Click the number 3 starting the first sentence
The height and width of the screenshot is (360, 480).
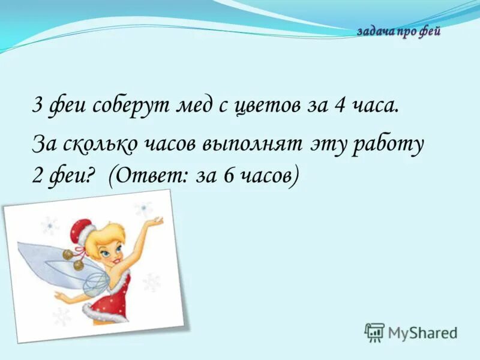coord(37,107)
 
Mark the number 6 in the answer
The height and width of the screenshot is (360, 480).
coord(227,176)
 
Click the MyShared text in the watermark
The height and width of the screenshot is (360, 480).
coord(422,332)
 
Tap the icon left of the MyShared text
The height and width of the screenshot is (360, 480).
coord(374,332)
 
